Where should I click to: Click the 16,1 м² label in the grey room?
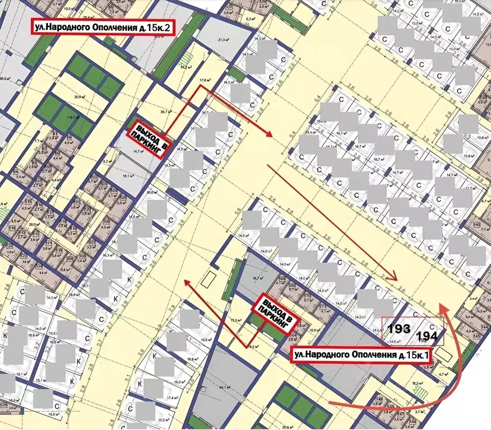tap(131, 175)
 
